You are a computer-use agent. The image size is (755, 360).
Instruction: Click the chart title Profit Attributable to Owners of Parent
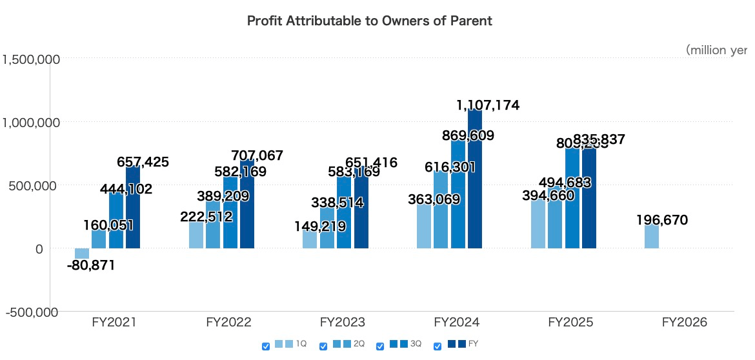(x=370, y=21)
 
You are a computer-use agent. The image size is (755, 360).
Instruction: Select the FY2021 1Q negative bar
(x=82, y=254)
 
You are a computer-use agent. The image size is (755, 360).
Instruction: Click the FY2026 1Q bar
(x=652, y=237)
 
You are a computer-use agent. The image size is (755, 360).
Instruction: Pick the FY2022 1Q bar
(x=196, y=235)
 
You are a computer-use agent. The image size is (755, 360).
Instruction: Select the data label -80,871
(x=91, y=265)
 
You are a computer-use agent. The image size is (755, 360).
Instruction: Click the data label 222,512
(x=206, y=217)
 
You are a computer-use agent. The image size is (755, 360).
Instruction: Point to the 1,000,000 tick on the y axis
(x=31, y=122)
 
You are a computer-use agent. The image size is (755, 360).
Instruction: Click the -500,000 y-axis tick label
(x=31, y=312)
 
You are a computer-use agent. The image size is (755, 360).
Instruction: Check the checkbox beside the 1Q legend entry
(x=266, y=346)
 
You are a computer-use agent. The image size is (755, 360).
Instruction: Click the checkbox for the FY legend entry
(x=438, y=346)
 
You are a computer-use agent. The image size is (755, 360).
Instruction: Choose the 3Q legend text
(x=416, y=345)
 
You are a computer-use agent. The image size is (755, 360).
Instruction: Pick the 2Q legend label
(x=359, y=345)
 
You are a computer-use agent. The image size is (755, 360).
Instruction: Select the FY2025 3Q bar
(x=572, y=200)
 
